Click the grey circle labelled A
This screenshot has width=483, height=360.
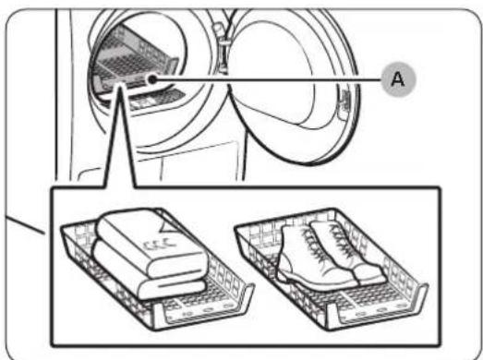[398, 79]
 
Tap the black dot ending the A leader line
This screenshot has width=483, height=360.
[152, 79]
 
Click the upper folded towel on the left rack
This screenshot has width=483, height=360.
[151, 241]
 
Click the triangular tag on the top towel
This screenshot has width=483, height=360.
[169, 226]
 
